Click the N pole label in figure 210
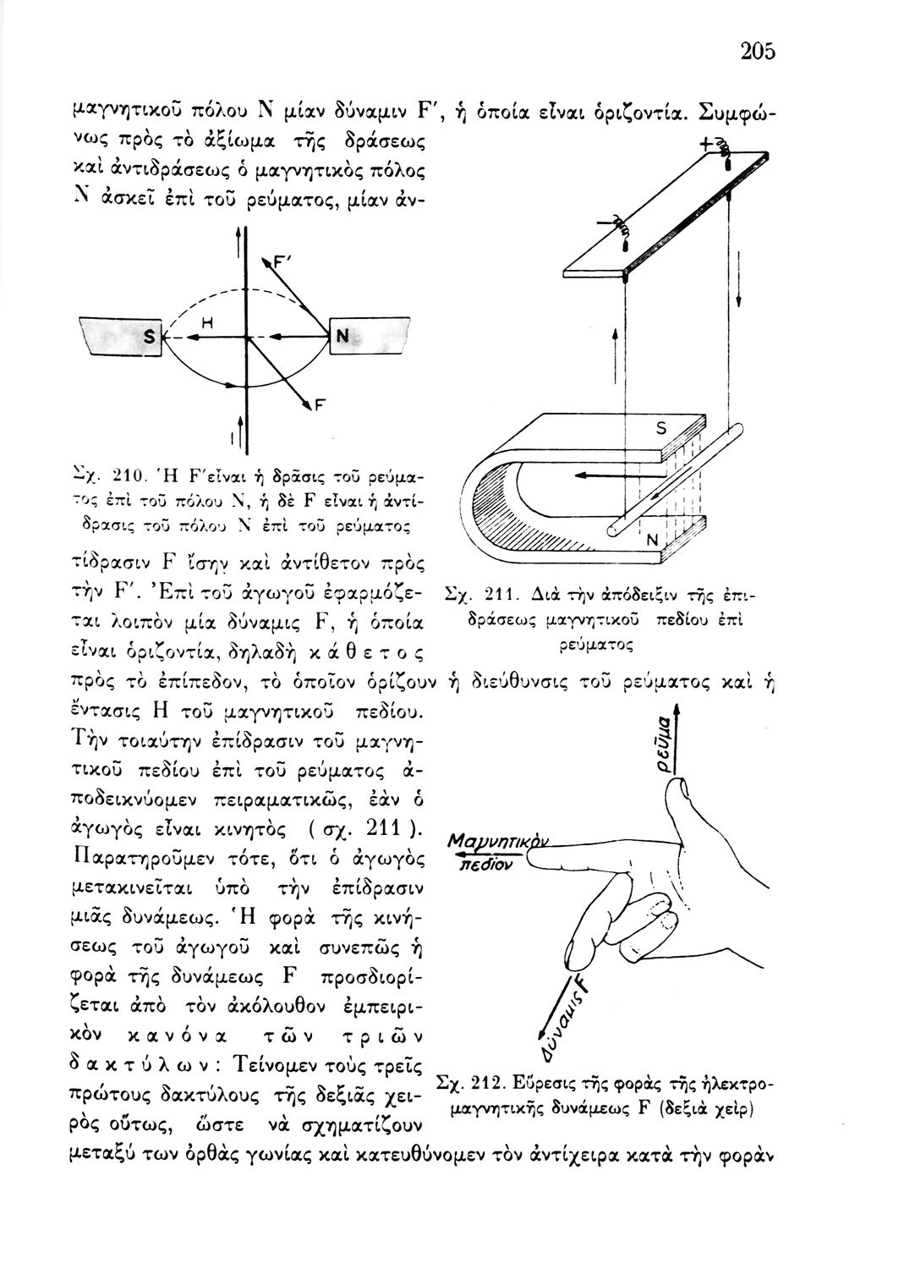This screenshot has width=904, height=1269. coord(342,337)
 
